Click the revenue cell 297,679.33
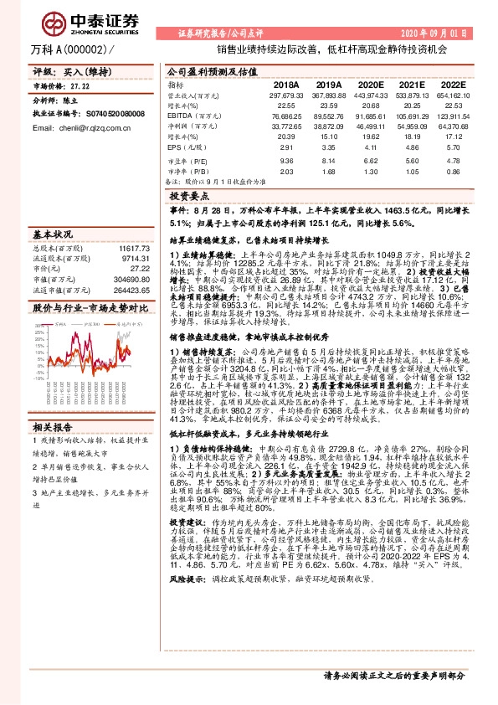click(285, 95)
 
